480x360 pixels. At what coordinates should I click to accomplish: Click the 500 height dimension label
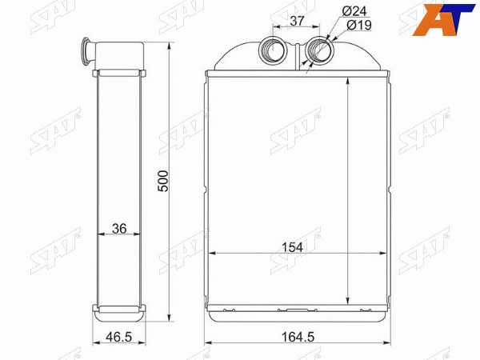(x=163, y=182)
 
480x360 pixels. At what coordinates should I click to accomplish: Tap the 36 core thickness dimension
(x=119, y=228)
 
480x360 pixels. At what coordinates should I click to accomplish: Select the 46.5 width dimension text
(x=118, y=337)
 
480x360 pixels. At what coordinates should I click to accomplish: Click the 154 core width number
(x=292, y=247)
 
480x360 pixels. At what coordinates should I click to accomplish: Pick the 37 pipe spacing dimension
(x=297, y=21)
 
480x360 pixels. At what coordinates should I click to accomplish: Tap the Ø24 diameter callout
(x=354, y=11)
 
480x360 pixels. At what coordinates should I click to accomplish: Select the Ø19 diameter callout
(x=359, y=25)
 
